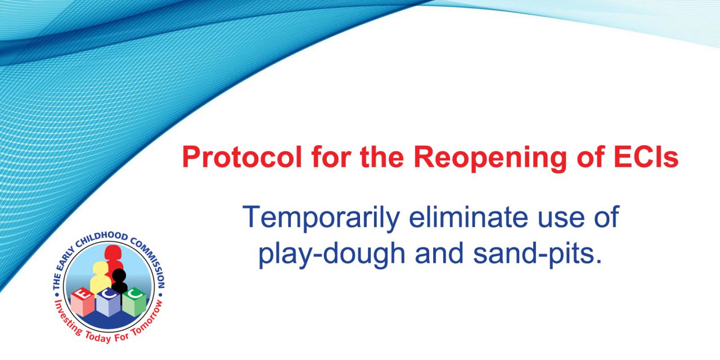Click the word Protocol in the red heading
pos(242,157)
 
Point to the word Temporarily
pos(321,218)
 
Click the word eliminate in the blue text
pos(469,217)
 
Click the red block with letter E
pos(82,301)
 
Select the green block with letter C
pos(134,302)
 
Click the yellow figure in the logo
pos(100,278)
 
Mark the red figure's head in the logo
pos(112,253)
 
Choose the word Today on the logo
pos(98,336)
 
